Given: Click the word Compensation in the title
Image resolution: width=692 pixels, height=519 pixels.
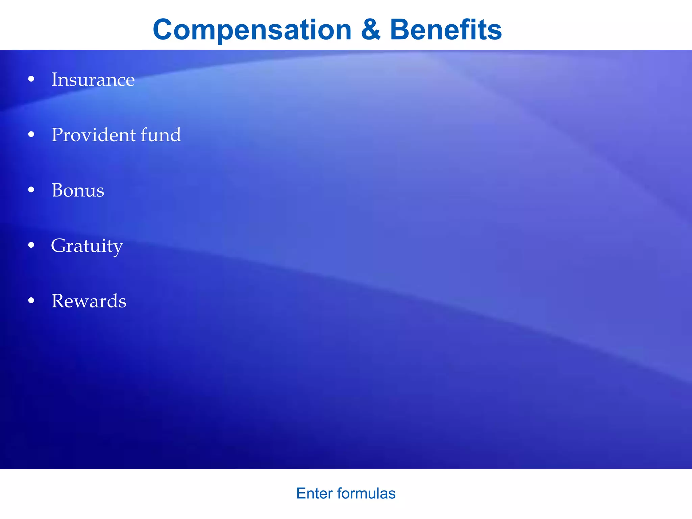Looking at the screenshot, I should click(x=252, y=30).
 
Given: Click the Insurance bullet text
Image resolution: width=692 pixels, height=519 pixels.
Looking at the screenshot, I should click(x=93, y=80).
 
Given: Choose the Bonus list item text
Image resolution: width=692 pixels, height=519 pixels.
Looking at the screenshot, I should click(x=78, y=190).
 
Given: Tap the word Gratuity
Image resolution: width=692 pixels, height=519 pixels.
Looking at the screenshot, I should click(x=87, y=246).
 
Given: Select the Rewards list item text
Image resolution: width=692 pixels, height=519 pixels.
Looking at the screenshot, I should click(x=89, y=301).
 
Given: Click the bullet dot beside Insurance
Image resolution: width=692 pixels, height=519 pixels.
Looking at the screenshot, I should click(x=31, y=79).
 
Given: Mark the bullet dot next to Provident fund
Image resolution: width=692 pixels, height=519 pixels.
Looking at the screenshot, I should click(x=31, y=135).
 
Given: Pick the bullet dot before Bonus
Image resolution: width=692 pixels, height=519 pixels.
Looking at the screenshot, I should click(x=31, y=190).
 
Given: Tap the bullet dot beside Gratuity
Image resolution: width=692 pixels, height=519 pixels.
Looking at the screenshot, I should click(x=31, y=245).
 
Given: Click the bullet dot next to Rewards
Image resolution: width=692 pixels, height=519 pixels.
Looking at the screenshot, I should click(x=31, y=300).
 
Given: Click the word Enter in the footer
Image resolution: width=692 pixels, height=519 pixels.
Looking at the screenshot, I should click(x=315, y=494).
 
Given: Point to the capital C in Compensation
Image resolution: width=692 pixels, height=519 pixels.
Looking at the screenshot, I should click(x=164, y=29).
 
